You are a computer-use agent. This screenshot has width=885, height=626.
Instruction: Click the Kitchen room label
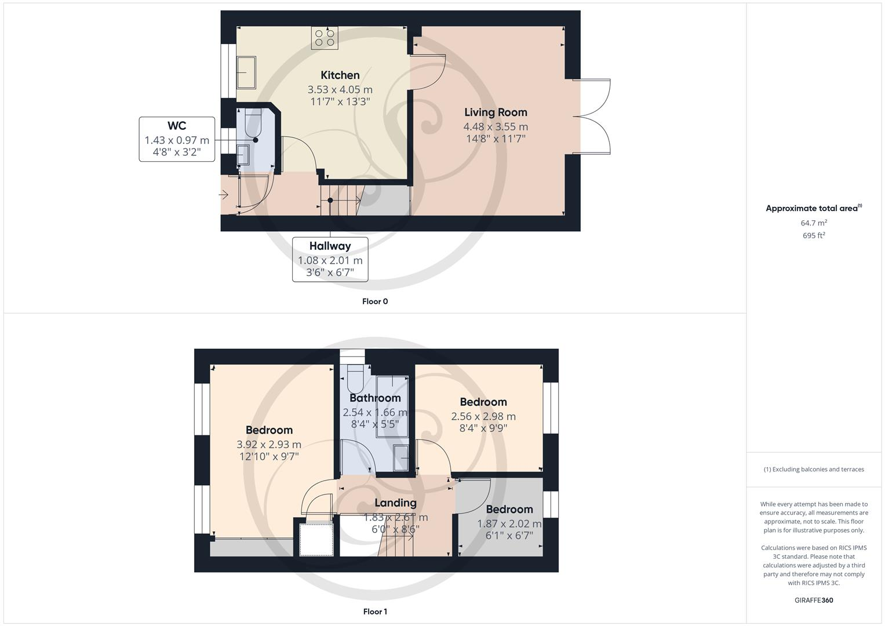(340, 75)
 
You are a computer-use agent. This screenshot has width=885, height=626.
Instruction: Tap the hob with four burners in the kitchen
(325, 38)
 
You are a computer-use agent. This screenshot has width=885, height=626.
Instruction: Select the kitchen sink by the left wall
(246, 72)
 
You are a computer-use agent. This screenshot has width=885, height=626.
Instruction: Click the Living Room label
(496, 112)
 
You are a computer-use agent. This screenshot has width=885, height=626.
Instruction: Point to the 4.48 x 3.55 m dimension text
(496, 126)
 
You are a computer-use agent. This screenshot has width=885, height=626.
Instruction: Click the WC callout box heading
(177, 126)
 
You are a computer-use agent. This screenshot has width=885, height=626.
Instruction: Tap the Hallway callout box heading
(330, 246)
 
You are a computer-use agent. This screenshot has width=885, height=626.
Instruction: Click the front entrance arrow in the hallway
(224, 195)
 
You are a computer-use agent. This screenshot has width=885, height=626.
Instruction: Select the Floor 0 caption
(375, 301)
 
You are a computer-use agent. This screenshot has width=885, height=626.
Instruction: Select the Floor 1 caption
(375, 612)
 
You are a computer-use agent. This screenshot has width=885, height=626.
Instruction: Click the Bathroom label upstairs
(375, 398)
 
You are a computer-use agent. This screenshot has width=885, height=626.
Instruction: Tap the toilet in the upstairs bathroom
(354, 377)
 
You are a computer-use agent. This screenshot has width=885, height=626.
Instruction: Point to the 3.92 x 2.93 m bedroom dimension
(269, 445)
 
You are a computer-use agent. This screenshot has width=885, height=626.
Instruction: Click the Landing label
(395, 503)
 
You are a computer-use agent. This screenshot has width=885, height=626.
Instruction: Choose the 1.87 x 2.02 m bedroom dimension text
(509, 523)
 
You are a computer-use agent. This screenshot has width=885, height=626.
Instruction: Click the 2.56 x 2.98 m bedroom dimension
(483, 416)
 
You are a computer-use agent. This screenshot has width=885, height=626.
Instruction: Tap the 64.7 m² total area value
(814, 223)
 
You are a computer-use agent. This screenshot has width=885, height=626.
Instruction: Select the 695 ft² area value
(814, 235)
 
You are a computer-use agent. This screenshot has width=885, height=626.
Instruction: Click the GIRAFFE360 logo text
(814, 600)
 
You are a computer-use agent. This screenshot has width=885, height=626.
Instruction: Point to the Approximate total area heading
(813, 208)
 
